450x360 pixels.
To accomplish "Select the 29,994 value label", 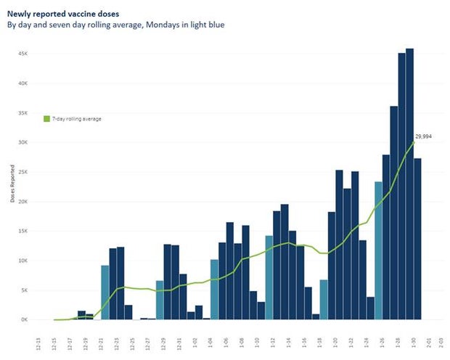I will [x=423, y=136].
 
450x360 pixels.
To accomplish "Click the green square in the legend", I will [x=47, y=118].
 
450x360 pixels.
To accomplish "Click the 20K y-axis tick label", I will [x=23, y=201].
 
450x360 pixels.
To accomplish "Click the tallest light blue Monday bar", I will [x=378, y=250].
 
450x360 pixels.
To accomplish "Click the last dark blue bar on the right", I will [x=418, y=239].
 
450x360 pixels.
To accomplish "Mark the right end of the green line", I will [x=414, y=142].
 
